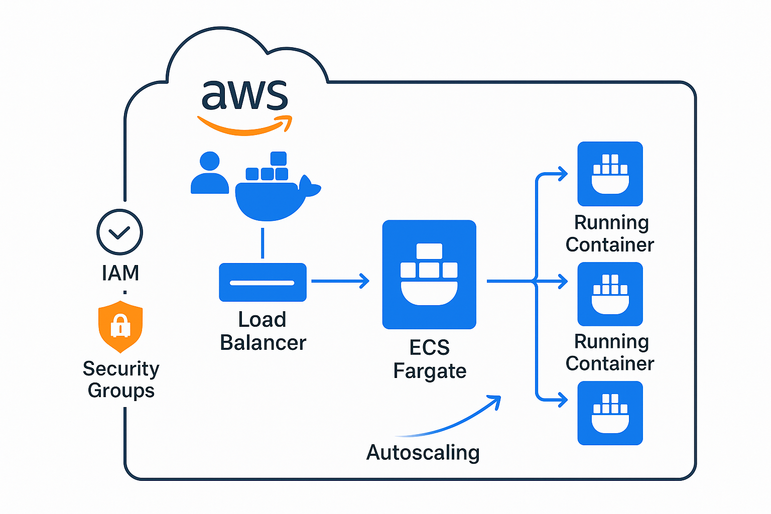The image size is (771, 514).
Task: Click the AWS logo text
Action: click(x=244, y=95)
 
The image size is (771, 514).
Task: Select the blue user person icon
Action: click(x=209, y=174)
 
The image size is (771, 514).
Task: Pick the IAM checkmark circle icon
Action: click(x=119, y=232)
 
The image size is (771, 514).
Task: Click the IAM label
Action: click(x=120, y=273)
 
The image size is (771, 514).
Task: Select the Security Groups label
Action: click(x=121, y=379)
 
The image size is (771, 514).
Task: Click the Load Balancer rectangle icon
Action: click(x=263, y=282)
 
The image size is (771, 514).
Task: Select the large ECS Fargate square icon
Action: click(x=429, y=275)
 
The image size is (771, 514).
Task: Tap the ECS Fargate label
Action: click(x=430, y=359)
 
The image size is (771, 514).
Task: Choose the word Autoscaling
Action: click(x=423, y=453)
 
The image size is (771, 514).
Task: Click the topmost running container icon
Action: click(x=610, y=174)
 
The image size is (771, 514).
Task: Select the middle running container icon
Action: click(x=610, y=294)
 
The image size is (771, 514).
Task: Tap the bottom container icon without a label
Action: click(x=610, y=413)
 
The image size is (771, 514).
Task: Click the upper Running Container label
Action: click(x=610, y=233)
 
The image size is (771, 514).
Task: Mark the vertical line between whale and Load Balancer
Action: click(x=263, y=243)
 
